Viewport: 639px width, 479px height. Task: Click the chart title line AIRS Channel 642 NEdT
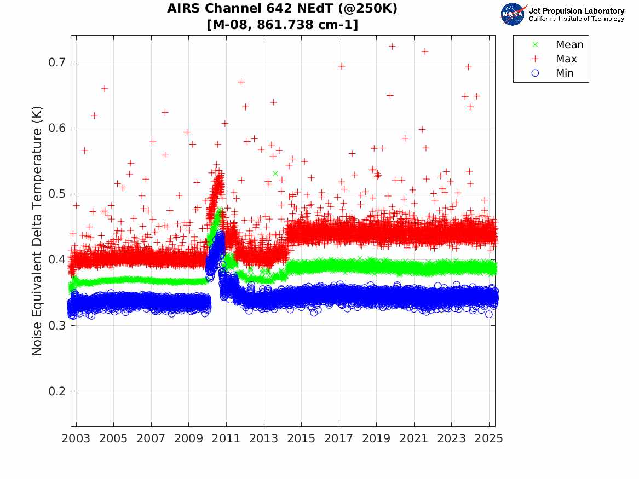[x=282, y=9]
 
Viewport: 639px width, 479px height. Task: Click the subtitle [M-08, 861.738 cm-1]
[x=282, y=25]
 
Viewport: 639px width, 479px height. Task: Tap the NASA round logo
[x=513, y=14]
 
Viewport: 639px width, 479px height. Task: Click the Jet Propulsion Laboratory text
[x=576, y=11]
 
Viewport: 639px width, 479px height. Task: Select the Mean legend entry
[x=569, y=45]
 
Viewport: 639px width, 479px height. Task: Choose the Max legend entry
[x=566, y=59]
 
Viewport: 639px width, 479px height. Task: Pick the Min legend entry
[x=565, y=73]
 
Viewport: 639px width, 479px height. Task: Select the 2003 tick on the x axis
[x=76, y=438]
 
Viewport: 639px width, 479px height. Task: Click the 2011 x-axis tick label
[x=226, y=438]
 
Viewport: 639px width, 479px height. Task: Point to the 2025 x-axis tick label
[x=489, y=438]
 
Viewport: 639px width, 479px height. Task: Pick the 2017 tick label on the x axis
[x=339, y=438]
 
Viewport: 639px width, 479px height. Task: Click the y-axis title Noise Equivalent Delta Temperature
[x=37, y=243]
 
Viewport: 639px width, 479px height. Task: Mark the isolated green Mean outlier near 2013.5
[x=275, y=174]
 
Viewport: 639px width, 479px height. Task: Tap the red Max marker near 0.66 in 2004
[x=105, y=89]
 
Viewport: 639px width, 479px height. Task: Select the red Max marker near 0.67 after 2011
[x=241, y=82]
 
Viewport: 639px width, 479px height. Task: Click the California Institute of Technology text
[x=576, y=19]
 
